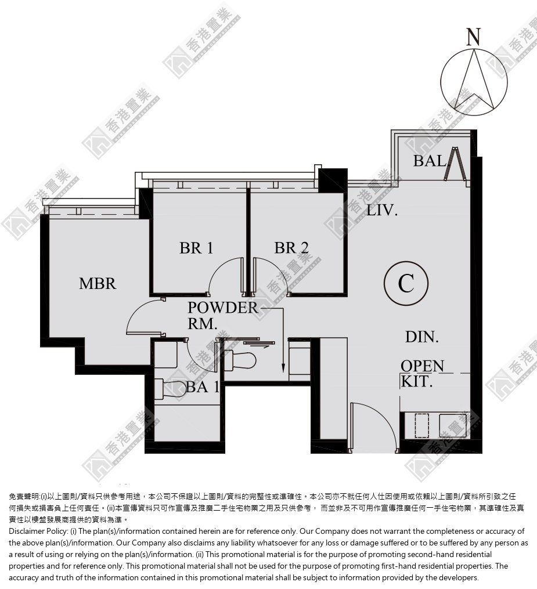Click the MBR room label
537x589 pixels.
coord(98,283)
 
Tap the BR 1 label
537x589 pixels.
coord(196,248)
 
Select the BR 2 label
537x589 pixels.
coord(291,248)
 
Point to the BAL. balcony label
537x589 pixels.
coord(430,161)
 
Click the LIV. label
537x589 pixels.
coord(382,210)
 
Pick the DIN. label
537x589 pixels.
coord(422,337)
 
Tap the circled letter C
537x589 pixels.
coord(406,283)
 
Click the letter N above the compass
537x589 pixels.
coord(474,37)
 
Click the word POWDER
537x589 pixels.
coord(223,308)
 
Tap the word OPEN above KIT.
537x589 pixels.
coord(423,366)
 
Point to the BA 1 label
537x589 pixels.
coord(203,387)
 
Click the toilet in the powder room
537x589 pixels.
coord(240,361)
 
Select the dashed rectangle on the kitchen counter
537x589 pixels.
coord(421,425)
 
